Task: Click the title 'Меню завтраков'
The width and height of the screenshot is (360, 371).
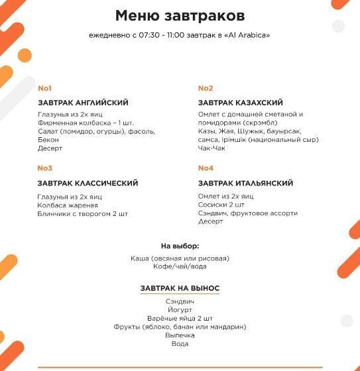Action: [x=179, y=15]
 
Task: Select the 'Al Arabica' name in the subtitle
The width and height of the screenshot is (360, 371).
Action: [x=248, y=35]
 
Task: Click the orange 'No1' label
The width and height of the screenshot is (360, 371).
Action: [x=44, y=88]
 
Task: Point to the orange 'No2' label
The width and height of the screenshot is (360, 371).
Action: [x=206, y=88]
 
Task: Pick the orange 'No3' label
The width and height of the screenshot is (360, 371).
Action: [x=45, y=168]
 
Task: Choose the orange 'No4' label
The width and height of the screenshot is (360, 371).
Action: [x=206, y=168]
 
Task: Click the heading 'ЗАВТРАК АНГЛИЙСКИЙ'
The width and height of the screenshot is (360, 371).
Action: [x=83, y=103]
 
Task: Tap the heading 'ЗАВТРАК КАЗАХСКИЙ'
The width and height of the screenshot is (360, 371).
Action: [x=241, y=103]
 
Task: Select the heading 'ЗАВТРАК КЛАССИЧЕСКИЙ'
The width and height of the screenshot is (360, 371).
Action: [x=88, y=184]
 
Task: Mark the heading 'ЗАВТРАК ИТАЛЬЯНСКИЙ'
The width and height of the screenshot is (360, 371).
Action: [x=245, y=184]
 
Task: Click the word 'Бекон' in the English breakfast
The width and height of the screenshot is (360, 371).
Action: [x=48, y=140]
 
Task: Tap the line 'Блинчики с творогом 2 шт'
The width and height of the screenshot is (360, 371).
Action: [x=83, y=214]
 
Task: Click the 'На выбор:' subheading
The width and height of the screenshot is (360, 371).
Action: [x=180, y=246]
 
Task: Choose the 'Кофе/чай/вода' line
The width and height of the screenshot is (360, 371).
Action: [x=180, y=266]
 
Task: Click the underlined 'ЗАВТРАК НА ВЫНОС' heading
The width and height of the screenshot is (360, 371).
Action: [x=180, y=289]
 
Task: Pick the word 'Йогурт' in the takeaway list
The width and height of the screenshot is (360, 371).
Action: [x=180, y=309]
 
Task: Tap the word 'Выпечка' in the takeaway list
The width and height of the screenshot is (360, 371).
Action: [x=180, y=335]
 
